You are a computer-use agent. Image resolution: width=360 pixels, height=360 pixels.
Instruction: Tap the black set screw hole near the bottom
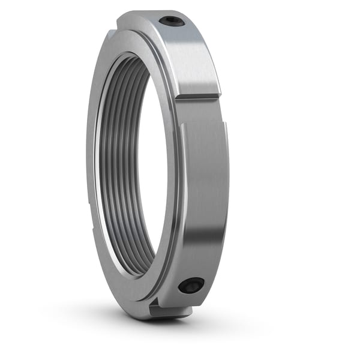(x=191, y=286)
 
